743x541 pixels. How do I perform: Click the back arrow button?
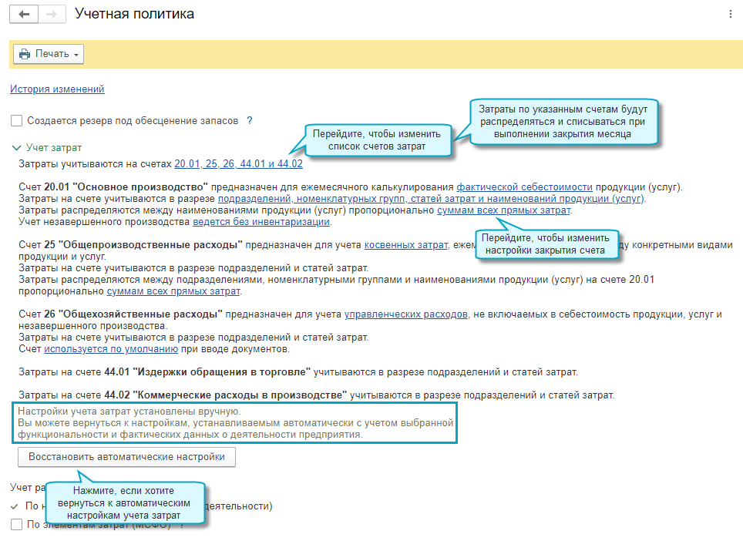pos(24,15)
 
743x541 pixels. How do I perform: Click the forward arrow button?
pos(51,15)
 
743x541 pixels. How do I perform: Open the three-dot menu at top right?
pos(730,15)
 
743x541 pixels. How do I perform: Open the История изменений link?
pos(57,89)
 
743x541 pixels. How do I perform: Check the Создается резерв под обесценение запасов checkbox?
pos(16,121)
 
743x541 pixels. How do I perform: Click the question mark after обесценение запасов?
pos(249,121)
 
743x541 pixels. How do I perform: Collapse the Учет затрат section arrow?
pos(16,147)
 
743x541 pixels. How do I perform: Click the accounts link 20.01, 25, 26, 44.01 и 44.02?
pos(238,163)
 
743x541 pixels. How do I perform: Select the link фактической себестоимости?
pos(524,187)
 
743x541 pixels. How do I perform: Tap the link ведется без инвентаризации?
pos(261,222)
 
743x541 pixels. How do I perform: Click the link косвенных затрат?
pos(405,245)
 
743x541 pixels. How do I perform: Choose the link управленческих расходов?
pos(406,314)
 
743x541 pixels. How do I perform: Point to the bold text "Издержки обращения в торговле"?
pos(223,372)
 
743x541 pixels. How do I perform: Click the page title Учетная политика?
pos(134,15)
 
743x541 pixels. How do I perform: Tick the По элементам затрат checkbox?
pos(16,525)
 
